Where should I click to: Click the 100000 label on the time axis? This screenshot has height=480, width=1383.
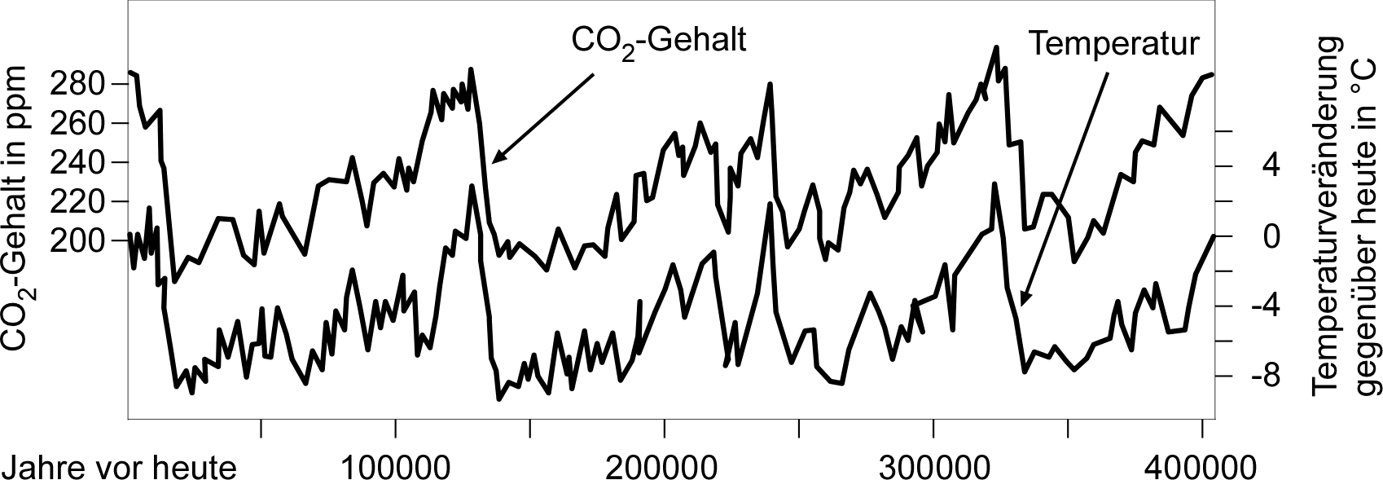coord(395,468)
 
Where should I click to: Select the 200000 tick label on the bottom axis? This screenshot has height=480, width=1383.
coord(664,468)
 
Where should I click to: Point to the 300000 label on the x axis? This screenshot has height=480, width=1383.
coord(933,468)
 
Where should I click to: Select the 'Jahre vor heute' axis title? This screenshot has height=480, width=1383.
coord(120,468)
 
